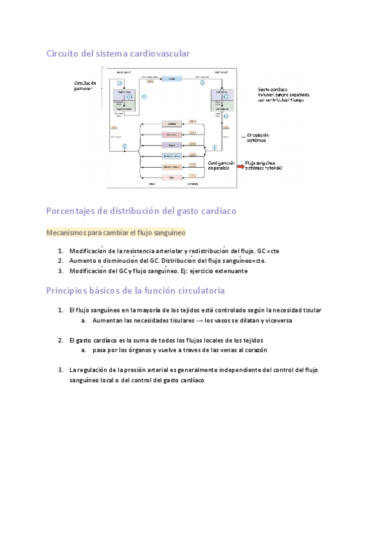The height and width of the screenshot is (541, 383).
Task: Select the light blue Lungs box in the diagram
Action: (x=170, y=78)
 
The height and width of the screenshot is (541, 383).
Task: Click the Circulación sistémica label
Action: (x=257, y=138)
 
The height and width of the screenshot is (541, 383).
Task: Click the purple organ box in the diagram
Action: (x=171, y=145)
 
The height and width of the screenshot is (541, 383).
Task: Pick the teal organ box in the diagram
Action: (x=171, y=156)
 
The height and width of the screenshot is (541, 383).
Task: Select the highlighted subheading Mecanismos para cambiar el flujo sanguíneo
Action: (x=116, y=233)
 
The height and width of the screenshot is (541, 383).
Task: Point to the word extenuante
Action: (x=229, y=270)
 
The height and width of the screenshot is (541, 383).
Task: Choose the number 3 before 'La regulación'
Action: (x=59, y=369)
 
